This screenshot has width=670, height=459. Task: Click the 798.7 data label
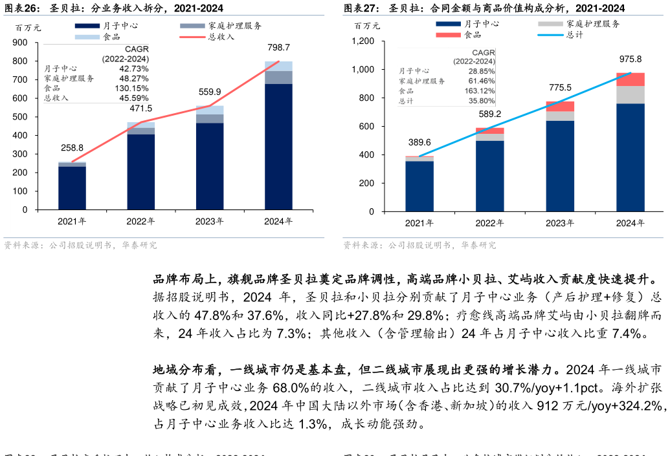278,48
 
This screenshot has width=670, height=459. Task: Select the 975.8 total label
630,58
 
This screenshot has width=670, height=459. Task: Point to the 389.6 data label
419,142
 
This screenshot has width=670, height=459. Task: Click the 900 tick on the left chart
20,43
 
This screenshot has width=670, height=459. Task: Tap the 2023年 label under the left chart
210,221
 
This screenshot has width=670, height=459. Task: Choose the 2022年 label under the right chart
489,223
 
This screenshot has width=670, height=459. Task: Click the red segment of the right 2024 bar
630,80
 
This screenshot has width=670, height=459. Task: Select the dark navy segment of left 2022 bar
140,171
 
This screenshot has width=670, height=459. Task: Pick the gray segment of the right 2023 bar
560,116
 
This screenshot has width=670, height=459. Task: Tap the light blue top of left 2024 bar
278,66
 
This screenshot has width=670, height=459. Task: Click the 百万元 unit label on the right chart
367,26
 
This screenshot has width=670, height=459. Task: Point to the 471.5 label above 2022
140,109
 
